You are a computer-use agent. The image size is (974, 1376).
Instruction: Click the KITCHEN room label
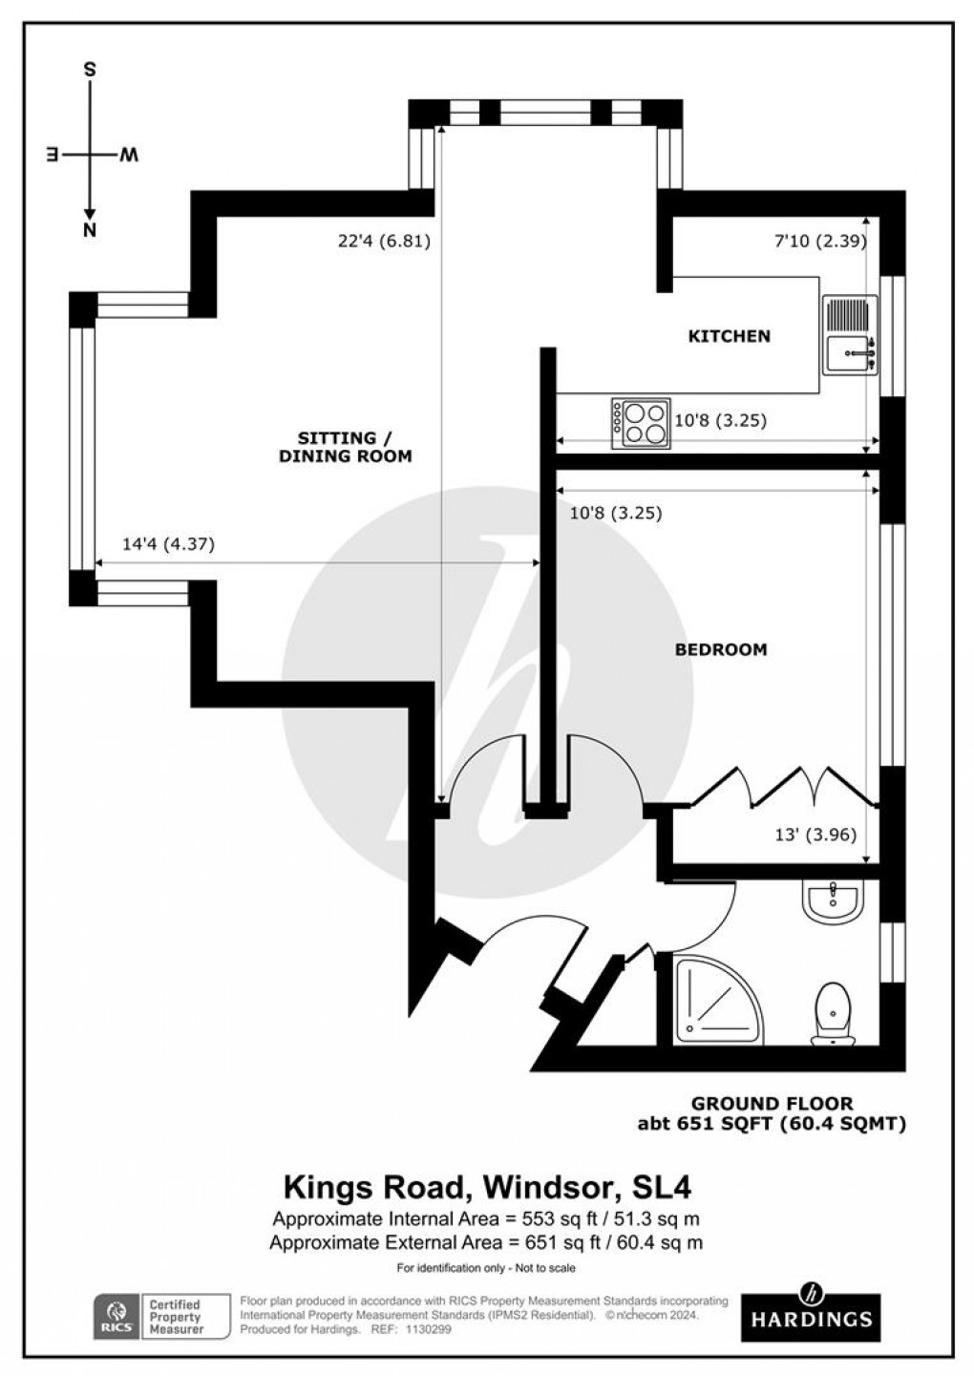pyautogui.click(x=729, y=336)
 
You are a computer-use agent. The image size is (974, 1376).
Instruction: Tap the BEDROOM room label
pyautogui.click(x=721, y=649)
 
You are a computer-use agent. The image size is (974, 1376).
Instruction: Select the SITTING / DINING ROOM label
pyautogui.click(x=345, y=447)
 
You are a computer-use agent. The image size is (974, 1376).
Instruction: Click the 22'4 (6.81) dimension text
pyautogui.click(x=384, y=242)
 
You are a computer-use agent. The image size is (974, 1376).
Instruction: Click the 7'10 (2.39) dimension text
pyautogui.click(x=818, y=242)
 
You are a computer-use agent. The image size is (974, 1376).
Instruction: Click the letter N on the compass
pyautogui.click(x=90, y=230)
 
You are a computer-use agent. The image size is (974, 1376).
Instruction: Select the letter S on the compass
pyautogui.click(x=90, y=70)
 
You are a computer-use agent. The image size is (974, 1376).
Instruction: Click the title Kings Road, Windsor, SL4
pyautogui.click(x=487, y=1187)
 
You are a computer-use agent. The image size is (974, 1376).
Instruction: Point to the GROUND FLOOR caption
pyautogui.click(x=772, y=1105)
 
